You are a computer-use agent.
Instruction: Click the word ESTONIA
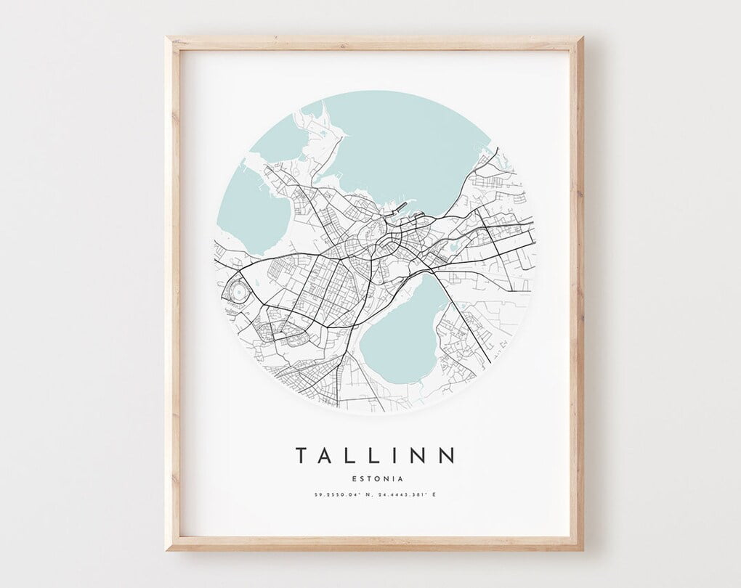376,478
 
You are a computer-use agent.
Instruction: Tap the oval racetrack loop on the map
238,293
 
